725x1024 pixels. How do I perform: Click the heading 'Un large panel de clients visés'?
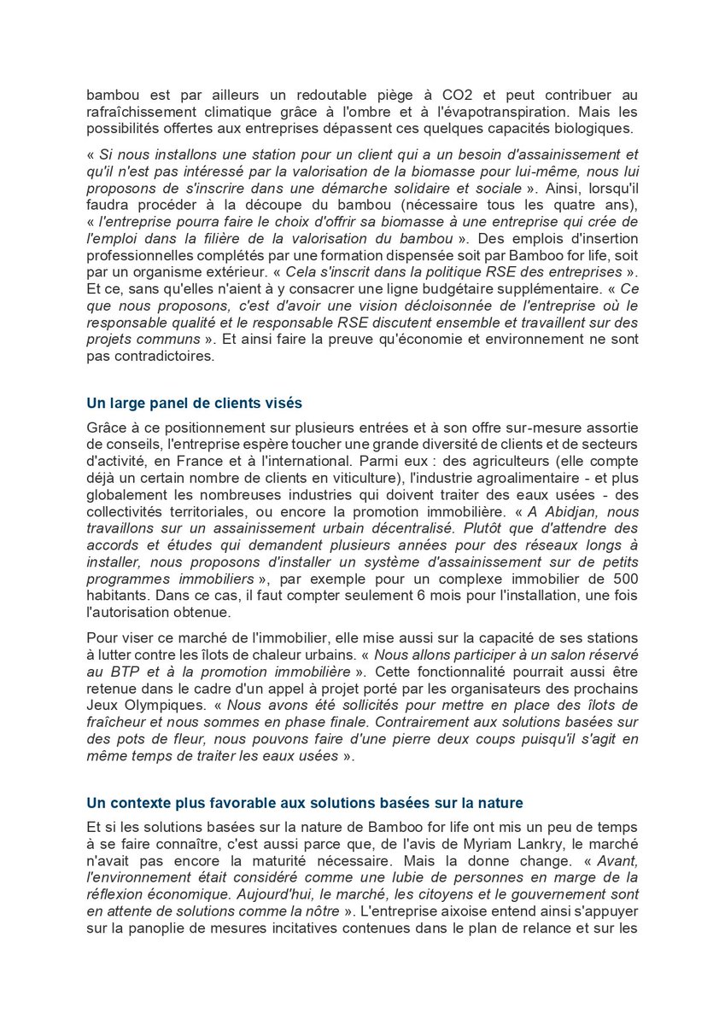[194, 403]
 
